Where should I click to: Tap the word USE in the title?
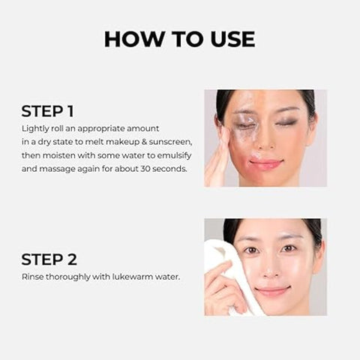coord(229,38)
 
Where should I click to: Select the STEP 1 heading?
coord(47,112)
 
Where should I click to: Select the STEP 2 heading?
coord(49,259)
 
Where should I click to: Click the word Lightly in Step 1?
coord(35,129)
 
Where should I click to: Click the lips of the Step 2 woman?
coord(274,291)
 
